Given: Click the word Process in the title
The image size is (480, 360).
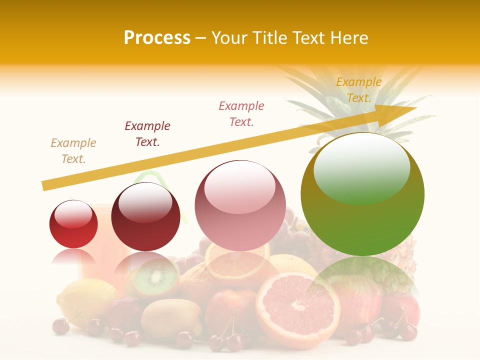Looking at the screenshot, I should (x=157, y=38).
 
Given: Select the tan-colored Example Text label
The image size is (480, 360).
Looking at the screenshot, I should (x=73, y=150).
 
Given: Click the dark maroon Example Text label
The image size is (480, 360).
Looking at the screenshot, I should (x=147, y=133).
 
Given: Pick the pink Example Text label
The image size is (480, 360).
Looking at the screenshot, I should (x=241, y=113).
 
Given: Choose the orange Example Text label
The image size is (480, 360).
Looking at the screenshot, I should (x=359, y=90).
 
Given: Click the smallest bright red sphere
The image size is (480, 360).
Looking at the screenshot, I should (x=73, y=224).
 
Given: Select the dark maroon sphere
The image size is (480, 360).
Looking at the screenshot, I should (x=145, y=217).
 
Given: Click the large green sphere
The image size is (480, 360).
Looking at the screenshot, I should (x=362, y=194).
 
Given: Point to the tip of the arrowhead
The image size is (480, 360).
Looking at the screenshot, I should (x=416, y=108).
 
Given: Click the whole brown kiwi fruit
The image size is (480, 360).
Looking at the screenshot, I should (x=171, y=318).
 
